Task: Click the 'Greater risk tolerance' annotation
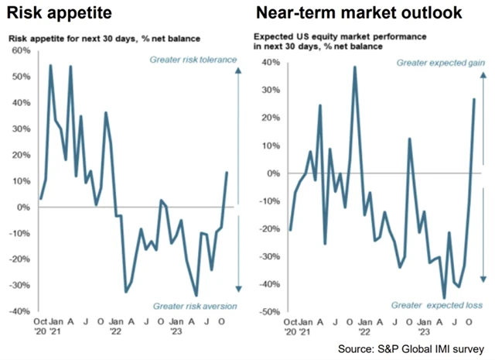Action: point(192,59)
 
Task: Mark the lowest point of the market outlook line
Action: point(444,297)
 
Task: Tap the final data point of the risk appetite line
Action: point(227,173)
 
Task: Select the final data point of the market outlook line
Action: point(474,99)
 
